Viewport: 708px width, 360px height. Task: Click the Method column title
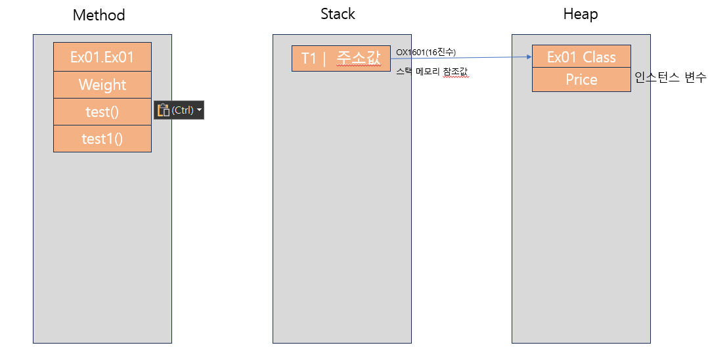[99, 15]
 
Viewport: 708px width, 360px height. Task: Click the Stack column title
[338, 14]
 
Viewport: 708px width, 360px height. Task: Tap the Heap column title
[581, 14]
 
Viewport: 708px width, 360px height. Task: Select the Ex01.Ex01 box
[102, 57]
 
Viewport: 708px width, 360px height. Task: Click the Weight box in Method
[102, 85]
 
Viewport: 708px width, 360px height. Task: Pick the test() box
[102, 112]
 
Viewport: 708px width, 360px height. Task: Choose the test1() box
[102, 138]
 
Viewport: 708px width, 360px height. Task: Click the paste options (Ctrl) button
[179, 110]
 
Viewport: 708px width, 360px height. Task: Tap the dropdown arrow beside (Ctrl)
[199, 110]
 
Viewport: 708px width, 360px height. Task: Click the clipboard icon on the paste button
[163, 110]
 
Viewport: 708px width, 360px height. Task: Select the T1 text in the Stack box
[309, 58]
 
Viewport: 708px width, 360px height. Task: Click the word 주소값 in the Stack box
[359, 58]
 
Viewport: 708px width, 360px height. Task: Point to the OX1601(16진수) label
[426, 53]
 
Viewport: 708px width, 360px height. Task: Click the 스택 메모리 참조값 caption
[432, 72]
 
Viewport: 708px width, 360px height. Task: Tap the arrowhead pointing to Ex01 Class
[529, 57]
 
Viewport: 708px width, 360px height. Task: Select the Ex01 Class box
[582, 56]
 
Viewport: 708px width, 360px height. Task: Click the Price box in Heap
[582, 80]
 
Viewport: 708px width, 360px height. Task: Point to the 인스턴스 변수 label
[670, 78]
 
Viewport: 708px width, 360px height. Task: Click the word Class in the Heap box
[599, 57]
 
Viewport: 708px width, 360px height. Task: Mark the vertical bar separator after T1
[324, 58]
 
